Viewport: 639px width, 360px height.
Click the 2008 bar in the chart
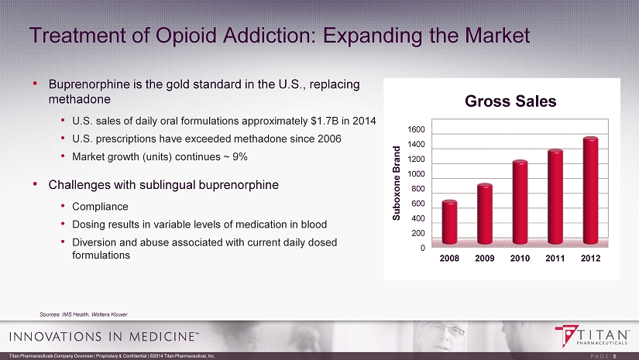tap(449, 224)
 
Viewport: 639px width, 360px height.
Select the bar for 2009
tap(485, 215)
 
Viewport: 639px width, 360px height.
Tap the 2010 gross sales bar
tap(520, 204)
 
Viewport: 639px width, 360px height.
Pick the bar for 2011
tap(555, 198)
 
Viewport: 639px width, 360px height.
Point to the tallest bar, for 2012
tap(590, 192)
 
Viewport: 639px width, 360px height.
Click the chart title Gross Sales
tap(510, 101)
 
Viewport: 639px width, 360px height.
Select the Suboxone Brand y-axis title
tap(396, 183)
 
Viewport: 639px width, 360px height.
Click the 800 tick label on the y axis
tap(419, 189)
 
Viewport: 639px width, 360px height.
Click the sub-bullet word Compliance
tap(95, 207)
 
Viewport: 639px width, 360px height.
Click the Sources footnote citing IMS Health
tap(84, 314)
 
